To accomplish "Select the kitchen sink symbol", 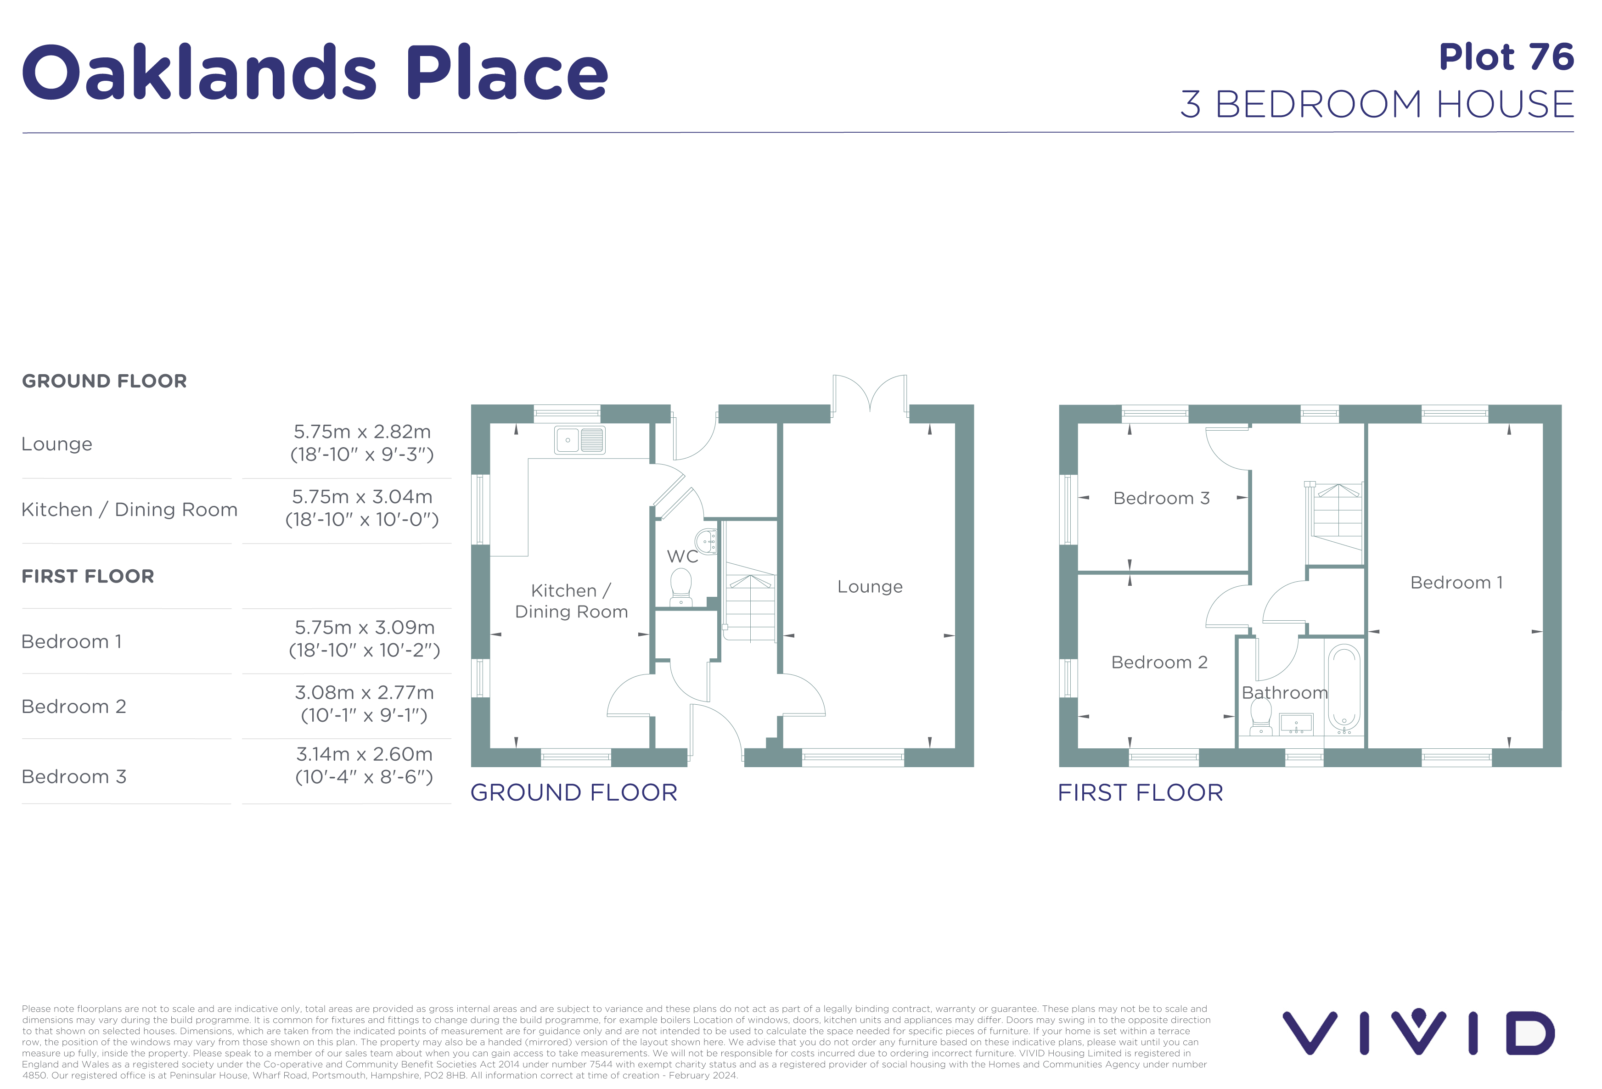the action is click(x=580, y=440).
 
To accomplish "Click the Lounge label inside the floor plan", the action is click(x=870, y=587).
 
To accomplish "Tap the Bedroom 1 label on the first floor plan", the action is click(x=1456, y=583).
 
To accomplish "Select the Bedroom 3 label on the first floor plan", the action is click(x=1162, y=498).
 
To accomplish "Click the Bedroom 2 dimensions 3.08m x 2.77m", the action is click(x=364, y=692).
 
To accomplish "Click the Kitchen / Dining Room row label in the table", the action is click(x=129, y=509).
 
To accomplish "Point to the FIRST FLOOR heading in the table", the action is click(x=88, y=576).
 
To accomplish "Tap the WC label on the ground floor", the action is click(x=682, y=556).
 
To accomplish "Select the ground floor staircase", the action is click(x=749, y=602).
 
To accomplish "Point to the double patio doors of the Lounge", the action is click(x=870, y=396).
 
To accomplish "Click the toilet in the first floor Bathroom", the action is click(x=1261, y=717).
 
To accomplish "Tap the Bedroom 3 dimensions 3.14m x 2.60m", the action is click(x=364, y=754).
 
